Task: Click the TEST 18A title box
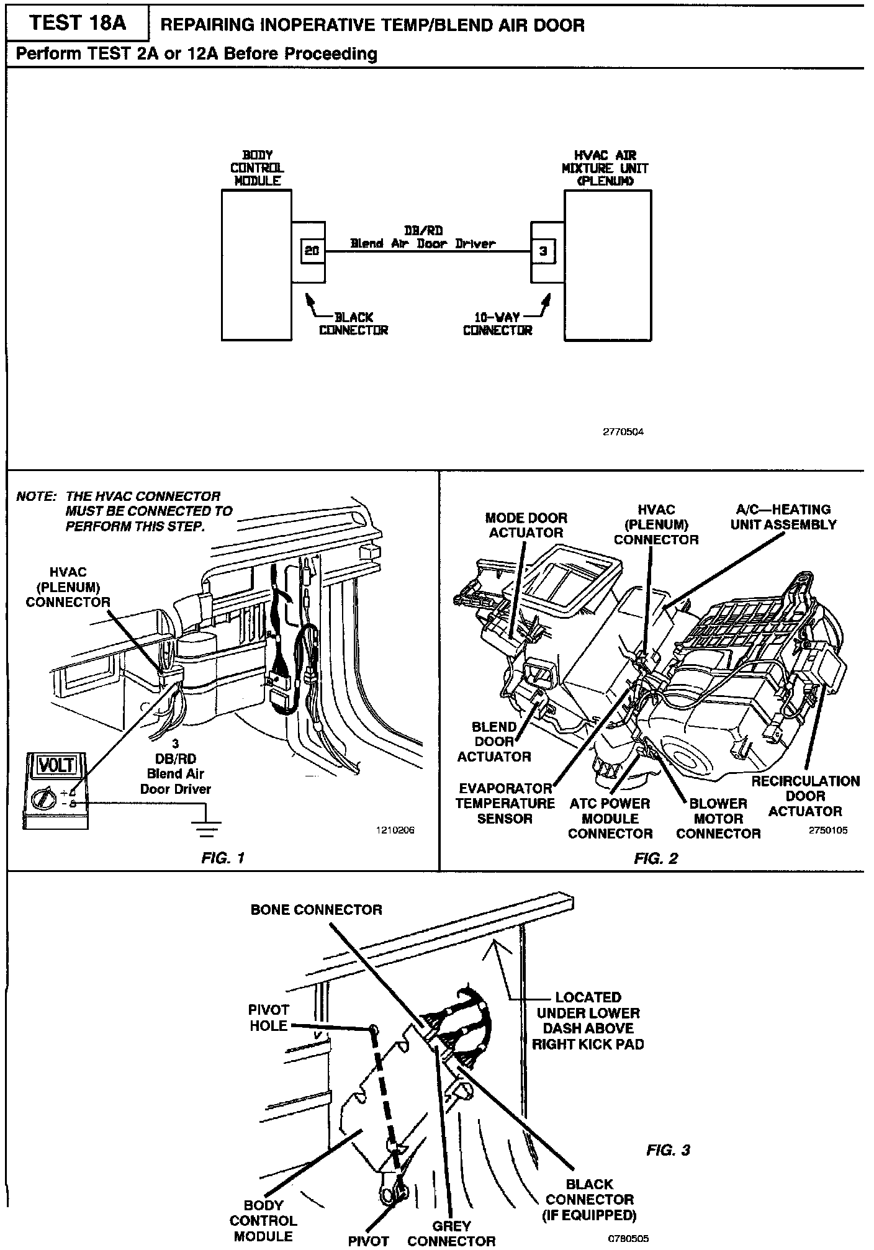78,23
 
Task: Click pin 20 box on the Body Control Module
312,251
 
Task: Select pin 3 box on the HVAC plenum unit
543,251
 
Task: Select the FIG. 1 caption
223,858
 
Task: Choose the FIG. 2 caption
655,858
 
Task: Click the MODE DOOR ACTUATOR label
526,525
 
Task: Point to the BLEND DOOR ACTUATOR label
494,741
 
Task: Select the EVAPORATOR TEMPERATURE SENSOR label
505,803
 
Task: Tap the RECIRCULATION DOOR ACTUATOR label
805,796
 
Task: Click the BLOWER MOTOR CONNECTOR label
718,818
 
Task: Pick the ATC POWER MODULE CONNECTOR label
610,818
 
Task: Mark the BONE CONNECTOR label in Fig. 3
317,910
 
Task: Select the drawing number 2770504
623,432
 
